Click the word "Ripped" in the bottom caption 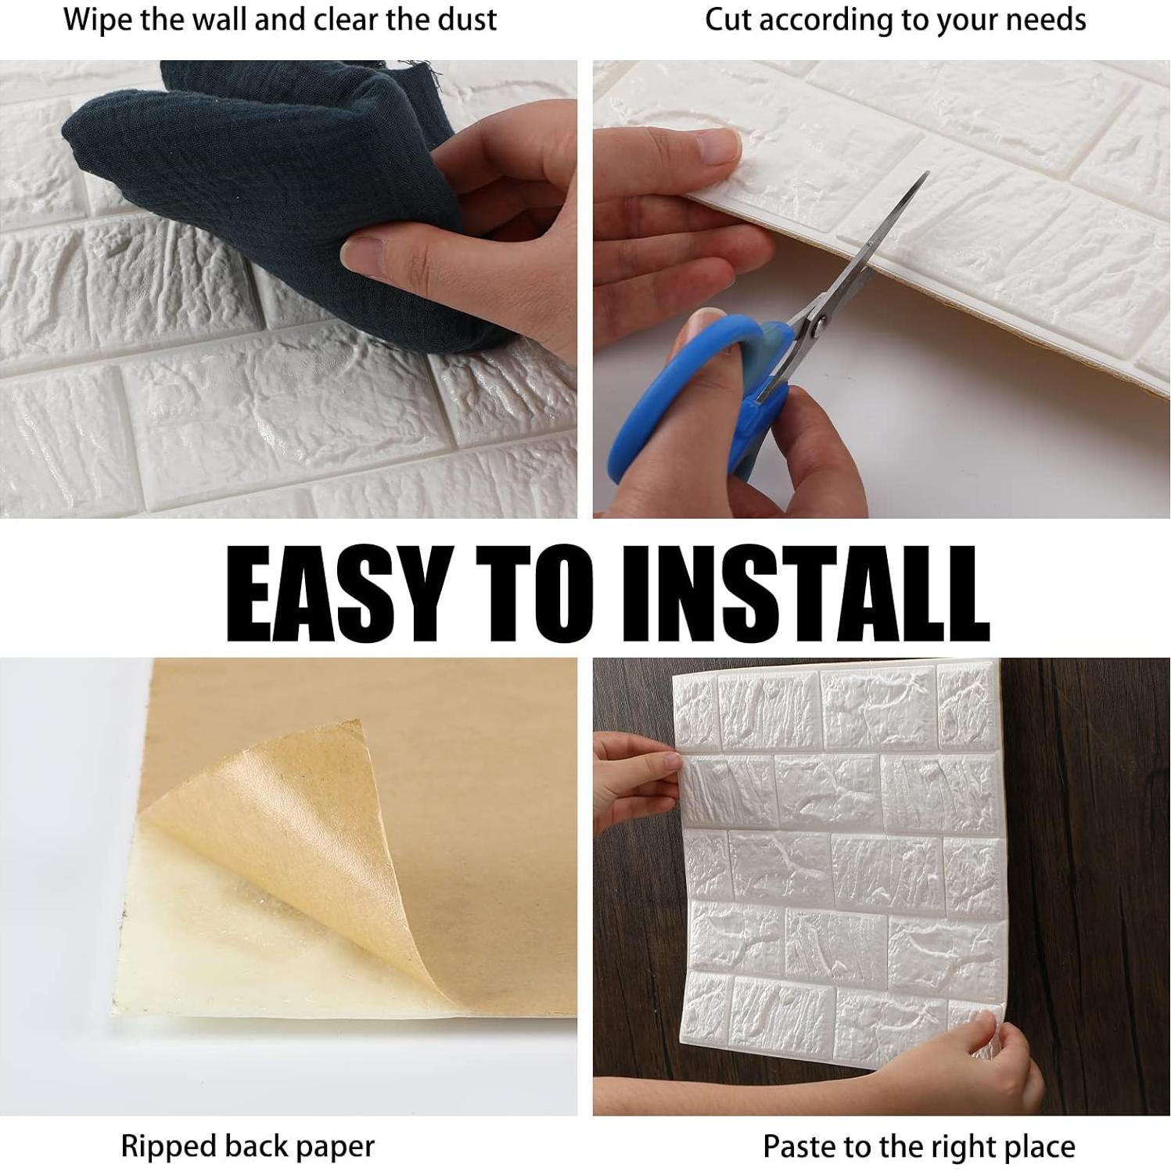click(x=168, y=1148)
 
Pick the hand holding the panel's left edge click(x=634, y=782)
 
